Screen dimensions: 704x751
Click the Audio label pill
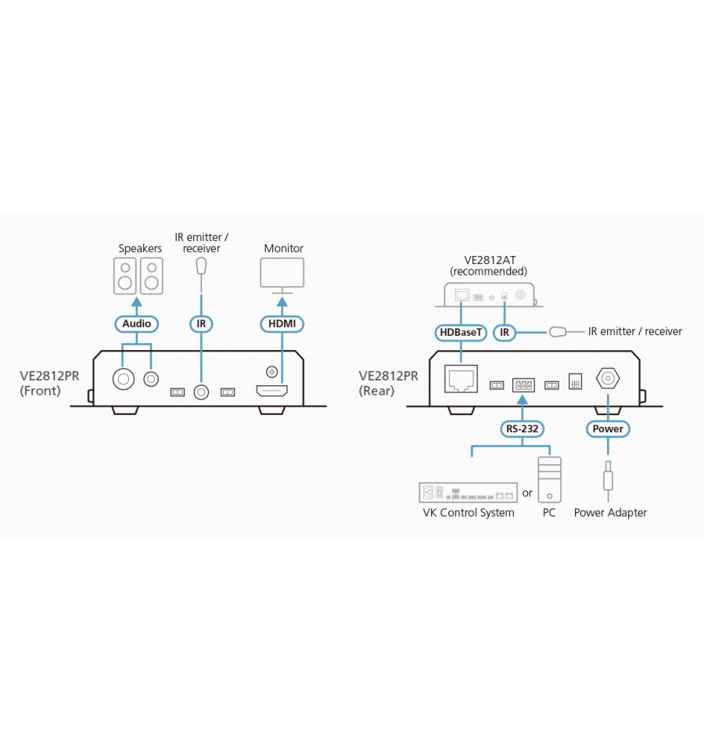(137, 323)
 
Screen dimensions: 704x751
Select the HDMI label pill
(282, 323)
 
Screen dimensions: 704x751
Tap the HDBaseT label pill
(461, 332)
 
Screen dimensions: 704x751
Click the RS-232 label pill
(523, 428)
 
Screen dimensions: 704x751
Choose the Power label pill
(608, 428)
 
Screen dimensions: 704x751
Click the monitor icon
(282, 276)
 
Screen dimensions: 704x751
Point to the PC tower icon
(550, 479)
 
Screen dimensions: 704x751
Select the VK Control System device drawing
(469, 493)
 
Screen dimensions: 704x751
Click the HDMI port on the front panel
(272, 392)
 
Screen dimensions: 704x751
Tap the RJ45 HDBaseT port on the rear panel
(461, 379)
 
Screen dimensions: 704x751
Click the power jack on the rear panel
(608, 379)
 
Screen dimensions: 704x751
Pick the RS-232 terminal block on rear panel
(523, 385)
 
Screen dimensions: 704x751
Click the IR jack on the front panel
(201, 392)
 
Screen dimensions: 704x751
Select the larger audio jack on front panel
(124, 379)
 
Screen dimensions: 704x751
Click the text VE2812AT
(490, 260)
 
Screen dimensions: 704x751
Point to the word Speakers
(140, 248)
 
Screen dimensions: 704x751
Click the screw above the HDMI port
(271, 371)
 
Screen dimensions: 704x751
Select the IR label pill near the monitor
(201, 323)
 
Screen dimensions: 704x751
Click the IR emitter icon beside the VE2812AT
(558, 331)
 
